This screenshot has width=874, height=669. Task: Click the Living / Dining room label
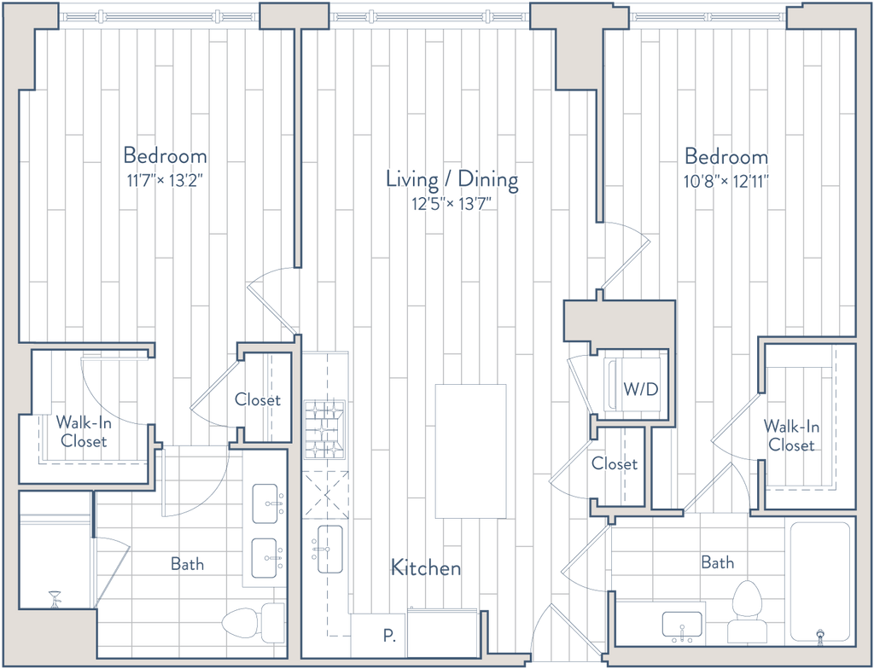(452, 179)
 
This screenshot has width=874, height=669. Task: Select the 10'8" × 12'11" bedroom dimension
(727, 181)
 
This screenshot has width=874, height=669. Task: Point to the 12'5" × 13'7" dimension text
(452, 204)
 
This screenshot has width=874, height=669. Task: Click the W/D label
(641, 389)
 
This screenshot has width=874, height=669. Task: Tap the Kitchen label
(426, 567)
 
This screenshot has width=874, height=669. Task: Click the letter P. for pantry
(389, 636)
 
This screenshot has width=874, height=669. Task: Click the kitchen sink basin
(330, 550)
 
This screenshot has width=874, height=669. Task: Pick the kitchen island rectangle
(471, 451)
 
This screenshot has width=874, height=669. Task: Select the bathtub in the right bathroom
(820, 581)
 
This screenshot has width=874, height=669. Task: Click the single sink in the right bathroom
(682, 625)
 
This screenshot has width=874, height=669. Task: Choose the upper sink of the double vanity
(265, 504)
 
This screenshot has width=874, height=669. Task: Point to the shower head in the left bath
(55, 599)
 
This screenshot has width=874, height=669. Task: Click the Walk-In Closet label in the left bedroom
(84, 432)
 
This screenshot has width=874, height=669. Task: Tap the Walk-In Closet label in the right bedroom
(791, 436)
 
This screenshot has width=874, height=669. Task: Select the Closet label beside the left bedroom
(258, 399)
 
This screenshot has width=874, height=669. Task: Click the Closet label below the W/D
(615, 463)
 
